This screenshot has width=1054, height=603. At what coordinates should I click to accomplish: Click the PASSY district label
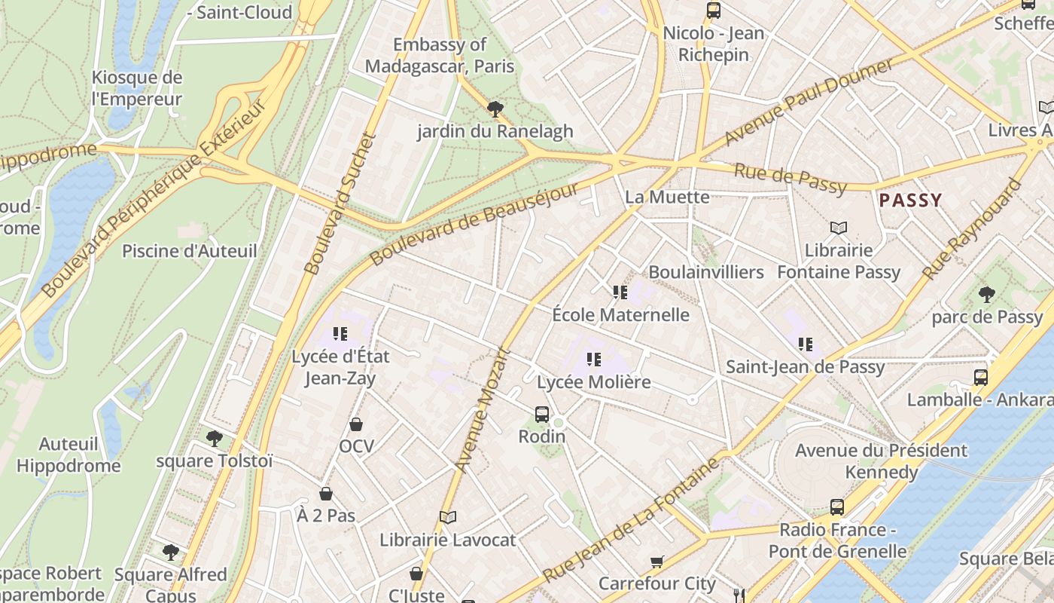tap(910, 200)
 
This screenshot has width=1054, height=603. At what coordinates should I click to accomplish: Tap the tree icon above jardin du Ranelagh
tap(495, 109)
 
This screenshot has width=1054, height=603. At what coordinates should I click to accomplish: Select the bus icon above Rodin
tap(542, 414)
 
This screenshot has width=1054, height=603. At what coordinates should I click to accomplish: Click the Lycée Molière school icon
tap(594, 360)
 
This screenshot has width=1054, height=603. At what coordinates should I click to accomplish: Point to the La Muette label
tap(667, 197)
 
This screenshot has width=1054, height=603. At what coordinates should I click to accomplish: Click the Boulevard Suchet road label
tap(340, 204)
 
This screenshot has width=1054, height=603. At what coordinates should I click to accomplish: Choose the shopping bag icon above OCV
tap(356, 424)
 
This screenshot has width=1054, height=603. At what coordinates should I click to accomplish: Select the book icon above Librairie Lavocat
tap(448, 517)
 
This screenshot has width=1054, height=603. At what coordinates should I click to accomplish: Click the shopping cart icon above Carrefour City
tap(657, 562)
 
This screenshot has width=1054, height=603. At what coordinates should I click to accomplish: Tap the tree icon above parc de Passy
tap(986, 295)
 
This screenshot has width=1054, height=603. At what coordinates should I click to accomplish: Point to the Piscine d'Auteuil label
tap(190, 251)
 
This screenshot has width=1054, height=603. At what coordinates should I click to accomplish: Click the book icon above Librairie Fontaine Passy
tap(839, 228)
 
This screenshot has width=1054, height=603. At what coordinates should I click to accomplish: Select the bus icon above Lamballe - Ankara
tap(980, 377)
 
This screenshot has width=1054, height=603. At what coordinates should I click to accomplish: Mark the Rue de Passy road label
tap(790, 179)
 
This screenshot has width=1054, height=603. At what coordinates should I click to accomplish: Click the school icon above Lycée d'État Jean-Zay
tap(340, 333)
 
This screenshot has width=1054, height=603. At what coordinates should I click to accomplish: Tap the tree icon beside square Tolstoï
tap(215, 438)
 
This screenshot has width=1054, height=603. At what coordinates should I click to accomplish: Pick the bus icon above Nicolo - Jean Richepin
tap(713, 11)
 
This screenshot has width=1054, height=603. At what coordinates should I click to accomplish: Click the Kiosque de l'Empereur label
tap(137, 88)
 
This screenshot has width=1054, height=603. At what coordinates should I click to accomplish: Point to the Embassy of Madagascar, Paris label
tap(440, 55)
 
